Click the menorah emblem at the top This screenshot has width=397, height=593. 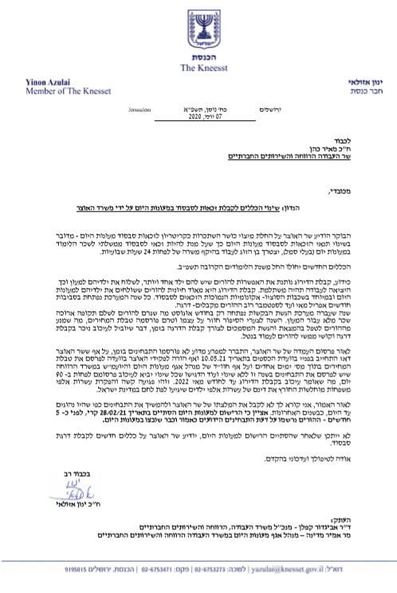coord(198,21)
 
